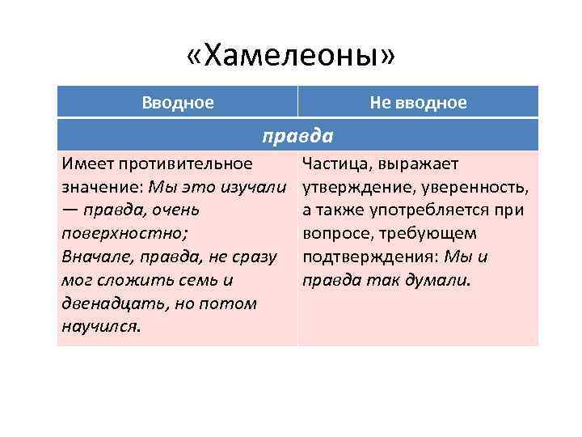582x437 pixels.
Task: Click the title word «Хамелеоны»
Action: [290, 56]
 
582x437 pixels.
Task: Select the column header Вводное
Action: [178, 103]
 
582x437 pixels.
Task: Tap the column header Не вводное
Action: [418, 103]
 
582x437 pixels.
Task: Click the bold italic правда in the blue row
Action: [297, 134]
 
